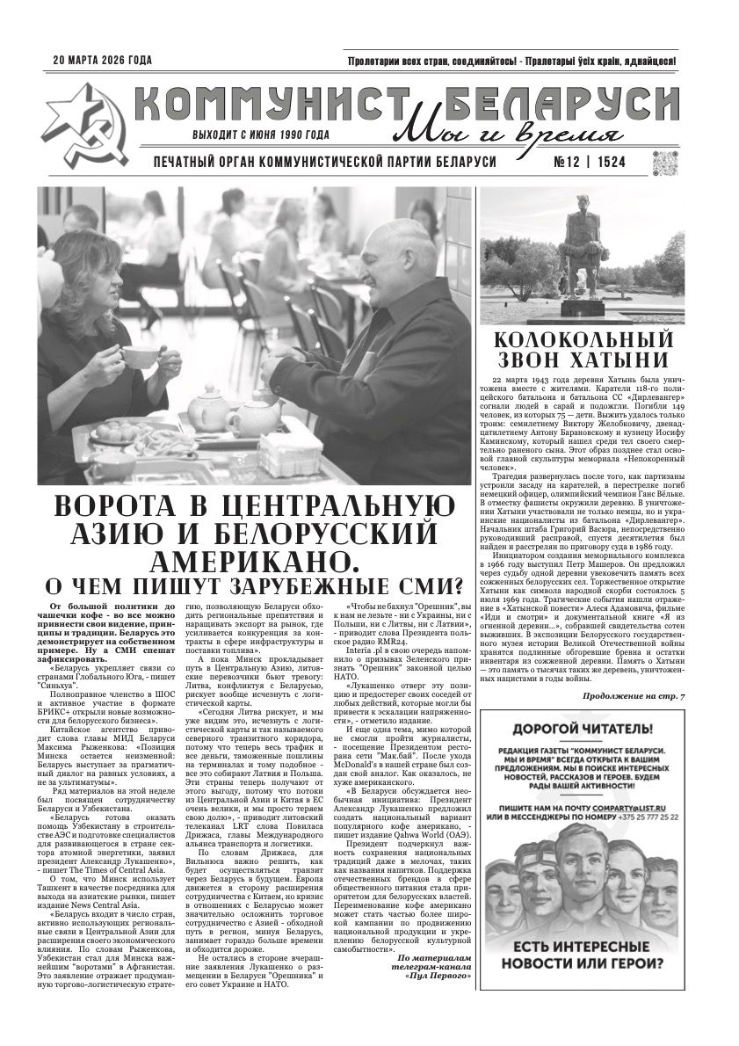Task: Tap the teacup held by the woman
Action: coord(139,354)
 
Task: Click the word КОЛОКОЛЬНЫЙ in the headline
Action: coord(583,339)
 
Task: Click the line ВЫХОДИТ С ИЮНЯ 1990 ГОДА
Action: coord(261,136)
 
